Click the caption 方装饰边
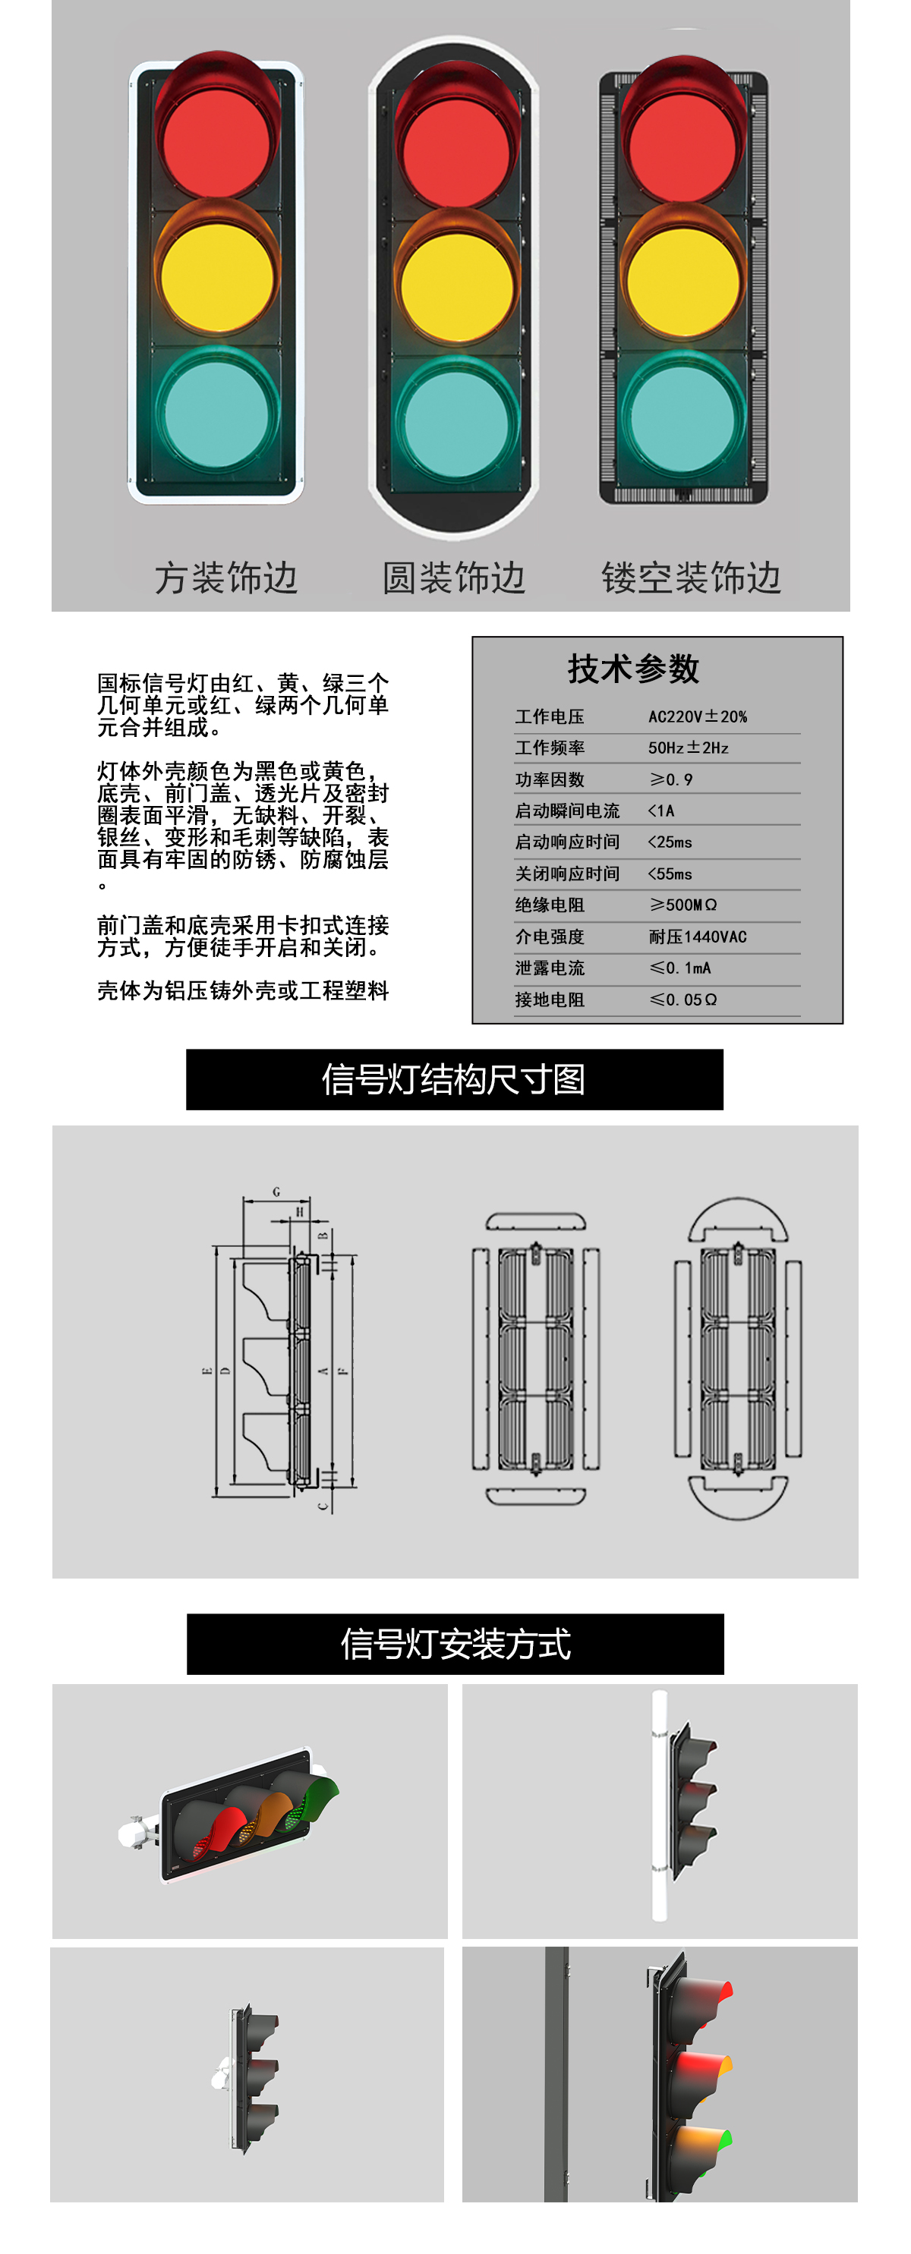[x=225, y=578]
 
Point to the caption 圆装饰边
[x=453, y=578]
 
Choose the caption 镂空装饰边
[x=691, y=578]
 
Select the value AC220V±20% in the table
[x=697, y=716]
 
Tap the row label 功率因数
[x=549, y=779]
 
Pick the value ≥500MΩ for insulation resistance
[x=682, y=905]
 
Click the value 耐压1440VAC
[x=697, y=937]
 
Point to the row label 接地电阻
[x=549, y=1000]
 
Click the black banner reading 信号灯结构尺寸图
[x=454, y=1079]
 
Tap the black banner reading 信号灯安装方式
[x=455, y=1643]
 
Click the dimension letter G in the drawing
[x=276, y=1192]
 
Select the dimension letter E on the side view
[x=206, y=1371]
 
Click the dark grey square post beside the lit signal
[x=556, y=2073]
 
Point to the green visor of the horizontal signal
[x=320, y=1795]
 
